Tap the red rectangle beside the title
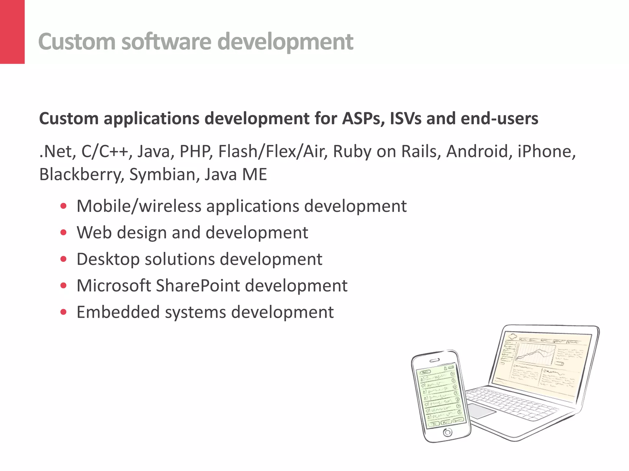12,32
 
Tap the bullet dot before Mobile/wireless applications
64,206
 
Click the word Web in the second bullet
94,232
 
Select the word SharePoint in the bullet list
198,286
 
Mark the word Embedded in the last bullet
118,312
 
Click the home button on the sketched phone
447,432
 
